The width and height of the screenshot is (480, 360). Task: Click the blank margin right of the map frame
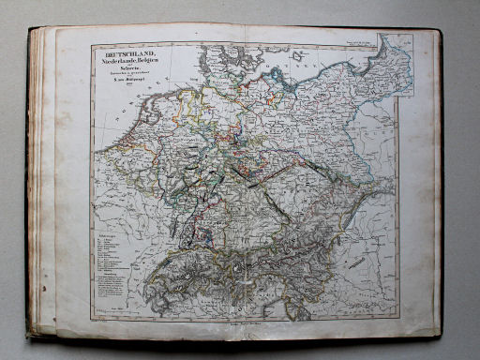pyautogui.click(x=416, y=206)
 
